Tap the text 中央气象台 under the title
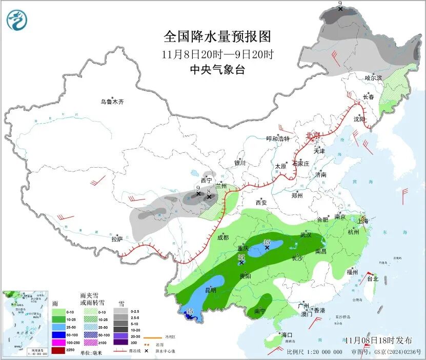(217, 70)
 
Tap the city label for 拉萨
(117, 239)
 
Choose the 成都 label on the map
(223, 237)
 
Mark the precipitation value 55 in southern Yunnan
(190, 311)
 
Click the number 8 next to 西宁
(209, 190)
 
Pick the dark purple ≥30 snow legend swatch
(121, 343)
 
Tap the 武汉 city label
(306, 235)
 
